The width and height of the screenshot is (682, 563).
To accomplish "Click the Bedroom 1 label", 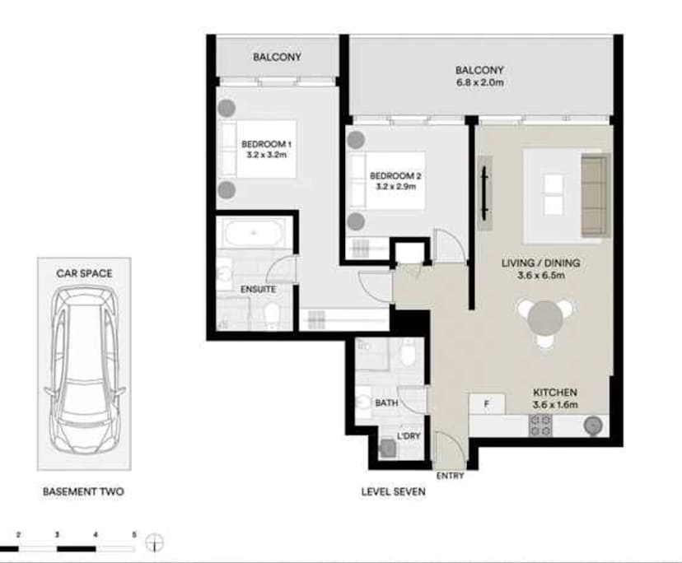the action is tap(266, 144).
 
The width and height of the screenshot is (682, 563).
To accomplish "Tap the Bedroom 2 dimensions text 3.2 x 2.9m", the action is tap(395, 187).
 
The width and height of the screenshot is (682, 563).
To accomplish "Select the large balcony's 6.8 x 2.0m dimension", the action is tap(479, 82).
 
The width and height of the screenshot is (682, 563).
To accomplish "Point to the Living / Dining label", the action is tap(540, 263).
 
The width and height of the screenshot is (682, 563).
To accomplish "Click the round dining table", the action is tap(545, 319).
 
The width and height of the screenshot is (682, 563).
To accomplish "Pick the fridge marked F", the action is tap(487, 404).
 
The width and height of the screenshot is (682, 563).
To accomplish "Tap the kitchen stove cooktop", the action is tap(540, 426).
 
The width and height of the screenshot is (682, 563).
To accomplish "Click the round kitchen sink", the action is tap(593, 426).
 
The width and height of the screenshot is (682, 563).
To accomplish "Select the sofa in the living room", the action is tap(595, 195).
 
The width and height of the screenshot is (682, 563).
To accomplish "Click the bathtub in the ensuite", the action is tap(254, 233).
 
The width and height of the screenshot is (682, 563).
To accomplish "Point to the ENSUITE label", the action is tap(259, 290).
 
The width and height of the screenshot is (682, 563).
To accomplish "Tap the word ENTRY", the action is tap(451, 476).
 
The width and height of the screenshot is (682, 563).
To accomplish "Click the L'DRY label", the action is tap(409, 436).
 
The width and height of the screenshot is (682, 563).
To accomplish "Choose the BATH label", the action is tap(386, 403).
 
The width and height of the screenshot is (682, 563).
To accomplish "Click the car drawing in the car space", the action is tap(84, 370).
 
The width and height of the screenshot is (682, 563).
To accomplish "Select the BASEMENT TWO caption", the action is tap(83, 491).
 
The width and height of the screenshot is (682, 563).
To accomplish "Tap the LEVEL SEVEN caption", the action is tap(393, 491).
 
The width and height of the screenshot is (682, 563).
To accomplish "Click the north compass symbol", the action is tap(154, 543).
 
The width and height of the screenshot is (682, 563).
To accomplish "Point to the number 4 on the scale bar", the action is tap(96, 535).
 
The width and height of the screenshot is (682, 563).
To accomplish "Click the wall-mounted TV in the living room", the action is tap(484, 192).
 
